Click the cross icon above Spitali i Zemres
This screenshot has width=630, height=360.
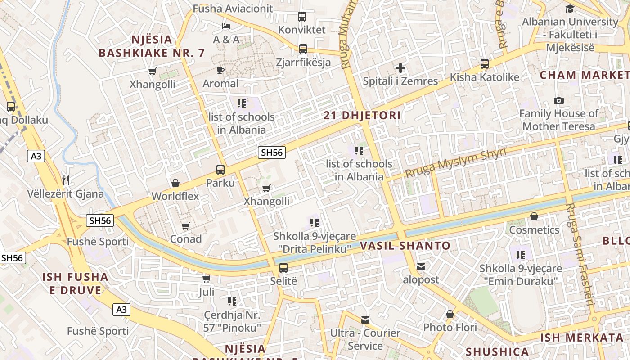(400, 68)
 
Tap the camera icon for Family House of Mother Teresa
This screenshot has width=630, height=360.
(559, 100)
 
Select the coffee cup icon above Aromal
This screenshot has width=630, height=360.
(220, 70)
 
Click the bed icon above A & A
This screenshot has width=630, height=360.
(226, 26)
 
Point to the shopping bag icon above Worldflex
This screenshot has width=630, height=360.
(175, 183)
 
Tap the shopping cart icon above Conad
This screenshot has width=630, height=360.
(185, 226)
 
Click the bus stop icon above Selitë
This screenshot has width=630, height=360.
(283, 268)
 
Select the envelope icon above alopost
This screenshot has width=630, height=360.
(421, 267)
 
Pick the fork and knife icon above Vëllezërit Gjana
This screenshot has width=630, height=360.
(66, 180)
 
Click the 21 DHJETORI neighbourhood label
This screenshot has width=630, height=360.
(362, 116)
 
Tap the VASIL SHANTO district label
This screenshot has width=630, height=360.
(405, 246)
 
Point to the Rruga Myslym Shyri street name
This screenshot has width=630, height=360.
(455, 162)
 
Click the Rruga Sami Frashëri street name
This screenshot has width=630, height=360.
(580, 254)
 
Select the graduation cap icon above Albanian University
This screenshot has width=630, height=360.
(570, 9)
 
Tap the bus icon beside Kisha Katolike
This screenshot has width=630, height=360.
(484, 64)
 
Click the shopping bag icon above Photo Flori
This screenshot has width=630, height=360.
(450, 314)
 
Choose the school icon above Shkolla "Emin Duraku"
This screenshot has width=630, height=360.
(521, 255)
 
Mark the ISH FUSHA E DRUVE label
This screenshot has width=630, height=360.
(76, 283)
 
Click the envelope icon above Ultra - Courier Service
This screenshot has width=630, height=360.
(365, 320)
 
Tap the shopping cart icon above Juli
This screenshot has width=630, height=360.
(206, 279)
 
